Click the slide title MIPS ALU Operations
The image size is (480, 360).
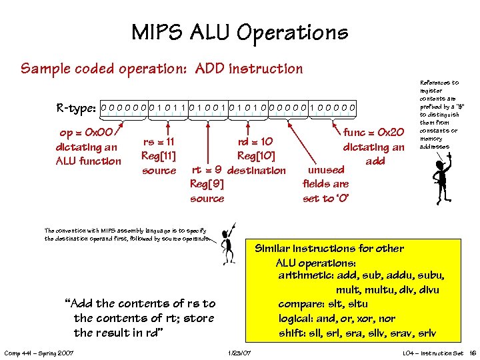coord(239,32)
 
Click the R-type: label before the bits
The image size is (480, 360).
coord(77,107)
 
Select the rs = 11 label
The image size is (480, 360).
coord(159,141)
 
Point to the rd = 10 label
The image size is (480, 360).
coord(255,141)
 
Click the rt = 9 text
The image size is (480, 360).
coord(207,170)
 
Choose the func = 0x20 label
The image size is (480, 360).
coord(373,133)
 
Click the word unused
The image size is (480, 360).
coord(327,170)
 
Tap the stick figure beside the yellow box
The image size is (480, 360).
coord(228,243)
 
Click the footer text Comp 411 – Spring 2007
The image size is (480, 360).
coord(38,352)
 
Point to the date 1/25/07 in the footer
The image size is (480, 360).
coord(239,352)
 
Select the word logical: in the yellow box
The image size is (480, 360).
coord(297,318)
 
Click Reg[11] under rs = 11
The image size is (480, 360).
coord(159,156)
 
